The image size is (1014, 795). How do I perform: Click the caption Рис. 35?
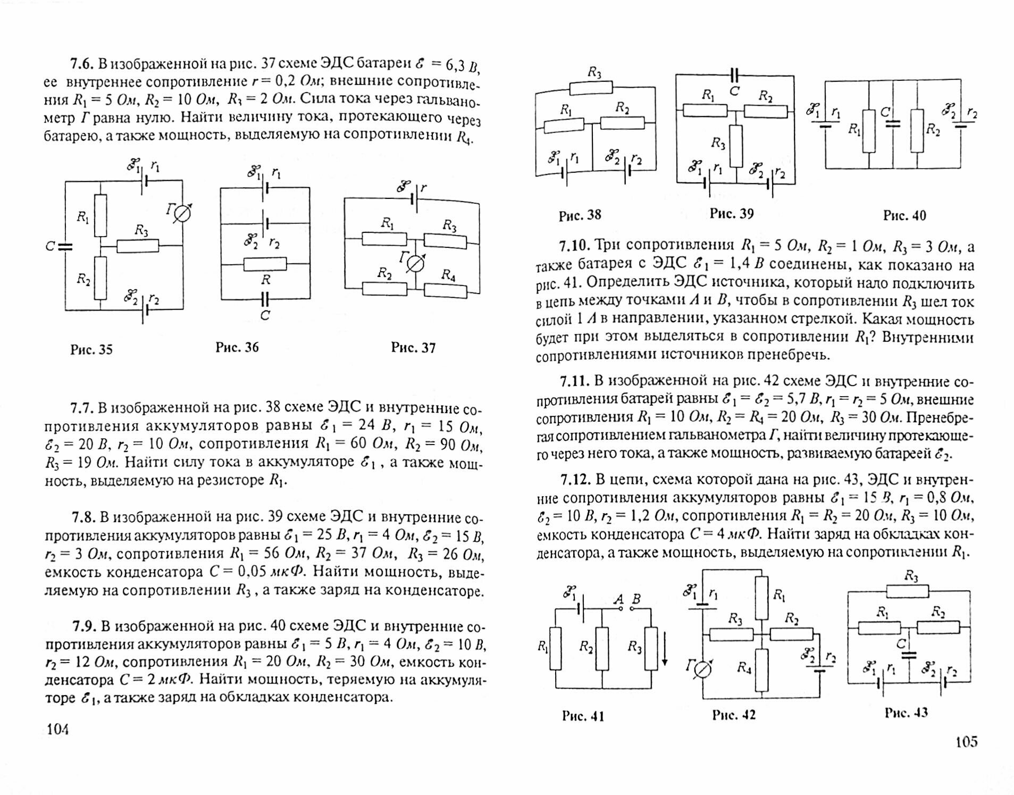pos(91,349)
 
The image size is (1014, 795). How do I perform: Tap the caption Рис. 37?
pos(413,348)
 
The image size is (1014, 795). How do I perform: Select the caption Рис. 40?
pos(904,215)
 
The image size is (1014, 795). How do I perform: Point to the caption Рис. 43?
pos(906,713)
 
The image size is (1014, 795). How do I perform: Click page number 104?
pos(58,729)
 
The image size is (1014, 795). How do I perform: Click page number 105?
pos(966,741)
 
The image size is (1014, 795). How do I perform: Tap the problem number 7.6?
pos(82,64)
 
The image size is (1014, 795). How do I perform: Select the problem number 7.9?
pos(84,626)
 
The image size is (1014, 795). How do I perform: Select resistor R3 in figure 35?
pos(138,246)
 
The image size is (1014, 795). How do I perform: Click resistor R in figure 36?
pos(265,264)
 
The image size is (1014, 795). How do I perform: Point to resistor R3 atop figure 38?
pos(591,88)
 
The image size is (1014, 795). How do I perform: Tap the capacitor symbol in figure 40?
pos(894,124)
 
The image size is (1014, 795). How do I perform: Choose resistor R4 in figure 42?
pos(761,669)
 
